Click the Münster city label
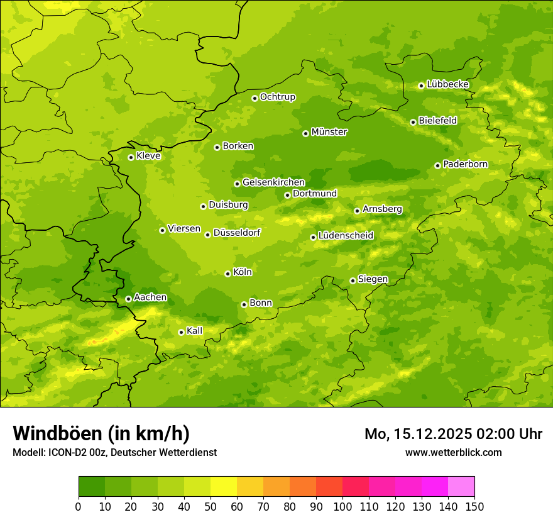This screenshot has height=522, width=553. (329, 132)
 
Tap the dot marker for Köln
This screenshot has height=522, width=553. (227, 274)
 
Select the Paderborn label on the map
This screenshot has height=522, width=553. (465, 164)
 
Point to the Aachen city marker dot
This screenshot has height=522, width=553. (128, 299)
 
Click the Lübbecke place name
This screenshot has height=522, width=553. (447, 84)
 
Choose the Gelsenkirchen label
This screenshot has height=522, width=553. (273, 182)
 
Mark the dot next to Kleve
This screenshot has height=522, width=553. (131, 157)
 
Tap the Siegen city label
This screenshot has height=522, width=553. (373, 279)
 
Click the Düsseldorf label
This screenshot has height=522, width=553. (237, 233)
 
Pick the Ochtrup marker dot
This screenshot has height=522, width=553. (255, 98)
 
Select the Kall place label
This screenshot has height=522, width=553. (195, 331)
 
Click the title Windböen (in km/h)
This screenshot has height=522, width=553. (101, 433)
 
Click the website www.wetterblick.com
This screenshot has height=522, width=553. (453, 452)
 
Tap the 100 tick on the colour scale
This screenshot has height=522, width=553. (342, 506)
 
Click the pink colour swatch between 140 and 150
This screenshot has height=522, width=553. (461, 487)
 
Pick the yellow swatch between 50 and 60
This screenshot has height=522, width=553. (224, 487)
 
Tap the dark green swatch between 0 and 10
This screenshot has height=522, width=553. (92, 487)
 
